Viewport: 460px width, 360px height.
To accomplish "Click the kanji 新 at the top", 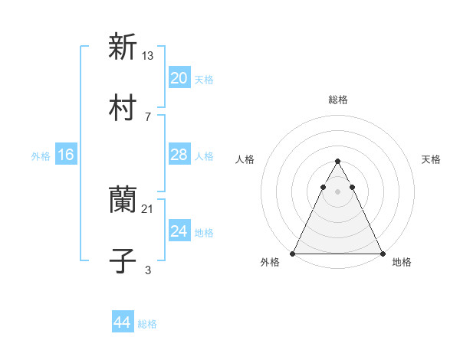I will pos(123,47).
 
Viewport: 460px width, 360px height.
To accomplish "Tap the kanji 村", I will pos(123,107).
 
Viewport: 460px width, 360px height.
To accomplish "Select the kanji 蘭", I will pos(123,200).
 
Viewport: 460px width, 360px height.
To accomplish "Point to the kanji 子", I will pos(123,261).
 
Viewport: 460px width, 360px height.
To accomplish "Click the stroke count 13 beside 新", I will pos(148,55).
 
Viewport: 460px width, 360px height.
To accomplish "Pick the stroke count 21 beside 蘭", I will pos(148,208).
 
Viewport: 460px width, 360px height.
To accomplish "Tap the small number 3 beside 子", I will pos(148,270).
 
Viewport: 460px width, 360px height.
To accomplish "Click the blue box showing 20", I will pos(179,78).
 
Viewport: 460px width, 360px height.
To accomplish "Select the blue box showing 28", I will pos(179,155).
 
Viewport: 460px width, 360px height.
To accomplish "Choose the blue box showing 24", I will pos(179,231).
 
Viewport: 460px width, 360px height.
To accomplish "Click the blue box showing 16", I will pos(65,155).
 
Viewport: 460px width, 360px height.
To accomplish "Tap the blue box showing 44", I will pos(122,322).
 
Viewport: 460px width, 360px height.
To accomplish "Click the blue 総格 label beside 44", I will pos(147,324).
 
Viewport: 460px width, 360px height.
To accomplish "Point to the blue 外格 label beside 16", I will pos(41,156).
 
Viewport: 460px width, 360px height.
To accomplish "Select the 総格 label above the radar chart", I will pos(337,100).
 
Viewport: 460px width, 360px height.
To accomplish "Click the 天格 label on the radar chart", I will pos(431,159).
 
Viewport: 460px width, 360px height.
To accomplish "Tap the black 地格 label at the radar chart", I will pos(402,262).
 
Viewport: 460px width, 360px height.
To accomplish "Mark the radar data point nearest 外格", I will pos(293,254).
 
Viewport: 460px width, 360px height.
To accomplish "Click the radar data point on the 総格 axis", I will pos(337,161).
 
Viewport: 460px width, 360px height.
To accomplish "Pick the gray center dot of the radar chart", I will pos(337,189).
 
